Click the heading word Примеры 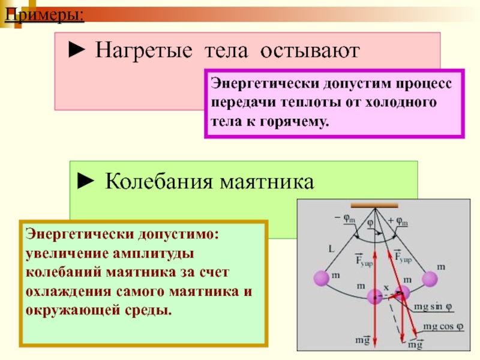click(44, 13)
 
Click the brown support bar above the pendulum click(374, 204)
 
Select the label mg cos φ click(443, 326)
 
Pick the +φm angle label click(398, 220)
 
